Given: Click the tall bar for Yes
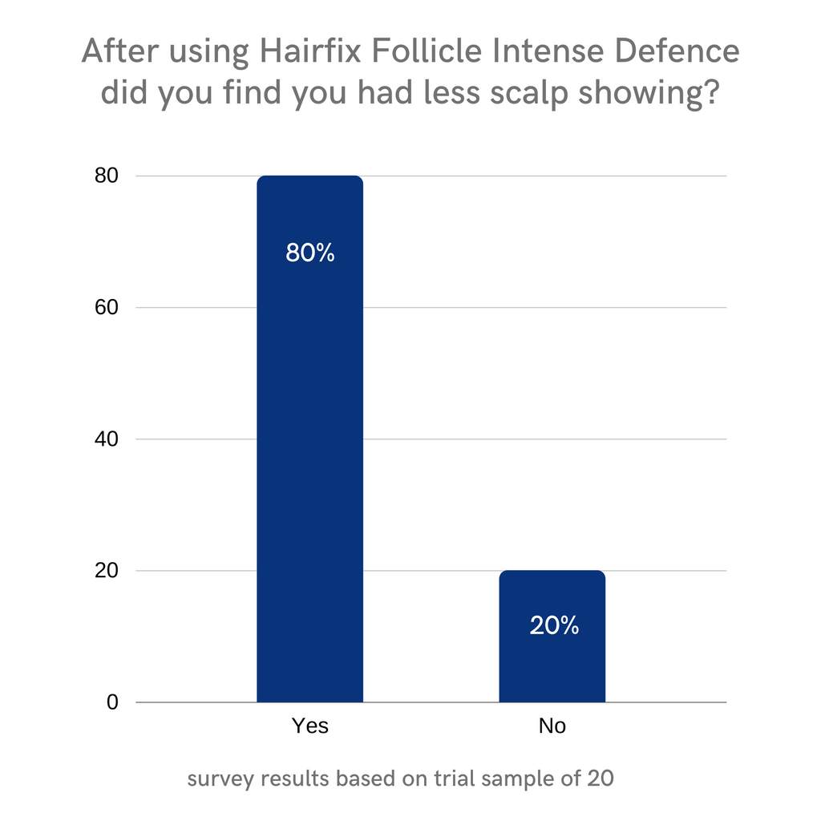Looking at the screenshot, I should pyautogui.click(x=309, y=441).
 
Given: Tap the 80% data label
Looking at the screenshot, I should pyautogui.click(x=309, y=253).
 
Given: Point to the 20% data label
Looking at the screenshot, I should pyautogui.click(x=554, y=625).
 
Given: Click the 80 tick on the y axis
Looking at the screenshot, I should pyautogui.click(x=107, y=176).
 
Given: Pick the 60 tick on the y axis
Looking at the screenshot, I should pyautogui.click(x=107, y=307).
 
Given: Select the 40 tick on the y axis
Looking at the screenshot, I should pyautogui.click(x=107, y=439).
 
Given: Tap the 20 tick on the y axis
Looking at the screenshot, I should pyautogui.click(x=107, y=571).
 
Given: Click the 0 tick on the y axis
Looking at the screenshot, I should pyautogui.click(x=113, y=702).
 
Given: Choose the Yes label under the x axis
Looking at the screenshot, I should pyautogui.click(x=309, y=726).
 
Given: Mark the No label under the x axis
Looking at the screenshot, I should pyautogui.click(x=552, y=726).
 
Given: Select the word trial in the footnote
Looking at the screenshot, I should pyautogui.click(x=458, y=778).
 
